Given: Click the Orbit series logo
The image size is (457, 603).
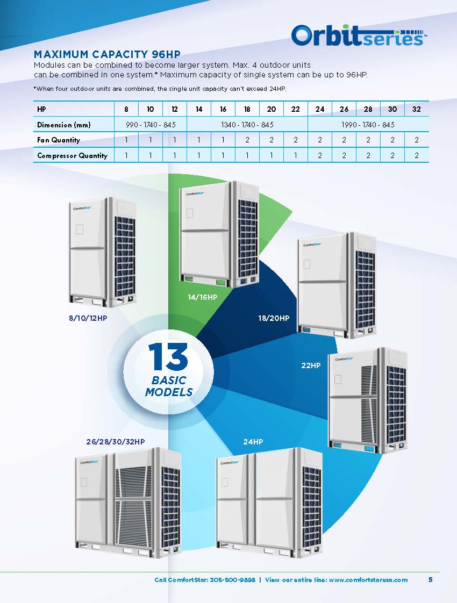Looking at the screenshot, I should tap(359, 35).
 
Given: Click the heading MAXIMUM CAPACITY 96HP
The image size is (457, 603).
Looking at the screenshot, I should tap(106, 54).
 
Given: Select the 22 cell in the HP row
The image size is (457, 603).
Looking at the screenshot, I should tap(296, 109).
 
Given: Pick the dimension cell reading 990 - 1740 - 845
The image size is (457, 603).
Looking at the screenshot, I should tap(151, 125).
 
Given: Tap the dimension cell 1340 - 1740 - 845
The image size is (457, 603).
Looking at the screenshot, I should tap(247, 125).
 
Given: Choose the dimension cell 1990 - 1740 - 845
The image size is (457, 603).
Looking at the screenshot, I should tap(368, 125).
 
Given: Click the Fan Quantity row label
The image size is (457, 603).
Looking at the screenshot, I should tap(59, 140).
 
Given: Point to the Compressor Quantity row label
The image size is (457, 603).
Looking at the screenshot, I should tap(72, 156).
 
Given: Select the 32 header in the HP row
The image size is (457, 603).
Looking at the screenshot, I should tap(417, 109).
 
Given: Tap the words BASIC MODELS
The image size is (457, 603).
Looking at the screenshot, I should tap(168, 386).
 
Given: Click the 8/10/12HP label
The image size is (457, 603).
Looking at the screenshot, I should tap(84, 318).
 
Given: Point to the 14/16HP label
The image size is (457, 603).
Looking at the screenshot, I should tap(202, 296).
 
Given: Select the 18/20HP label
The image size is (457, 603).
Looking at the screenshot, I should tap(274, 318).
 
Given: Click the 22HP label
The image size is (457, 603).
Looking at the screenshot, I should tap(311, 365).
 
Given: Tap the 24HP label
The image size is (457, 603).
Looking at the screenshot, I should tap(253, 442).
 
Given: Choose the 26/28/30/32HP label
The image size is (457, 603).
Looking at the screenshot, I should tap(116, 442).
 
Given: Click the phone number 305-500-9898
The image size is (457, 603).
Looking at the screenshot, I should tap(227, 580).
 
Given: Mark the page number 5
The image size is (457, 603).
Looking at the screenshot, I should tap(431, 579).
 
